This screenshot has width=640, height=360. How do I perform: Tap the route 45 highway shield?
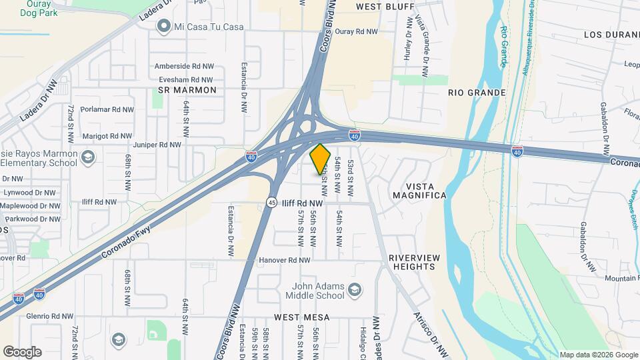pyautogui.click(x=271, y=202)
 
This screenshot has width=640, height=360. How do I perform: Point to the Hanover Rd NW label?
pyautogui.click(x=285, y=260)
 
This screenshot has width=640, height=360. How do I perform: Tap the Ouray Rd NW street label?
pyautogui.click(x=356, y=31)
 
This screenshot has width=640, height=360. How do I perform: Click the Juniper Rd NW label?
pyautogui.click(x=157, y=144)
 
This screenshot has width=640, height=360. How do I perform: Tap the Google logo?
pyautogui.click(x=22, y=351)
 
